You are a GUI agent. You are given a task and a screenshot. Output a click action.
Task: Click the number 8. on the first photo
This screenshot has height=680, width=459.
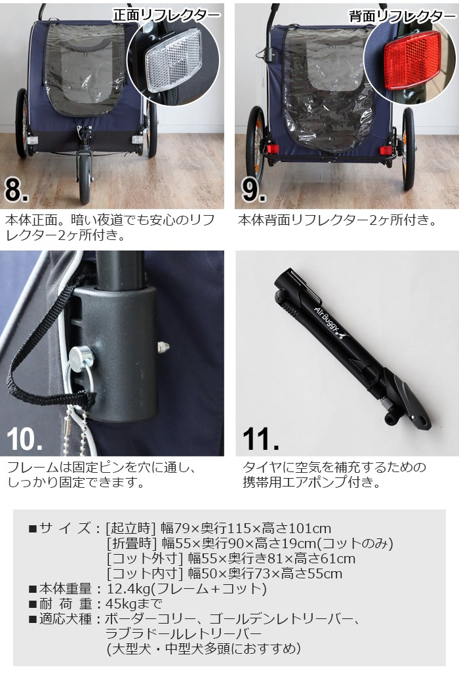click(x=17, y=190)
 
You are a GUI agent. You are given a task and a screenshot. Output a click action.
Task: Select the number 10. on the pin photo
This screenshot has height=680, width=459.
click(x=25, y=438)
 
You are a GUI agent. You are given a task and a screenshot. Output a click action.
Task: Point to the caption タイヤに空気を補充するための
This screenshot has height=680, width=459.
click(x=334, y=468)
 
